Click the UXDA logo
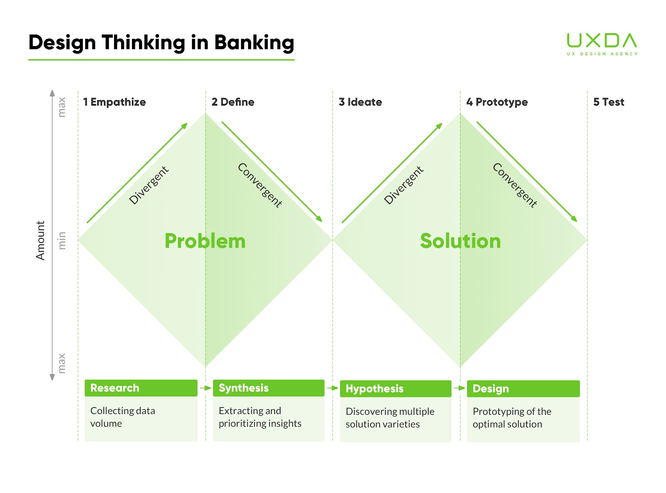pyautogui.click(x=602, y=44)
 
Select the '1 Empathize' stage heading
pyautogui.click(x=114, y=102)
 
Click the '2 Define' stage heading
pyautogui.click(x=233, y=102)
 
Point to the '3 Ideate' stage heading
pyautogui.click(x=360, y=102)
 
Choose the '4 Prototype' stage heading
pyautogui.click(x=497, y=102)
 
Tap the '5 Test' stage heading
pyautogui.click(x=609, y=102)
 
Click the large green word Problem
pyautogui.click(x=205, y=241)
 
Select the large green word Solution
pyautogui.click(x=460, y=241)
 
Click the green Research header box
pyautogui.click(x=141, y=388)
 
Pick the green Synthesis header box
pyautogui.click(x=268, y=388)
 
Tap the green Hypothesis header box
pyautogui.click(x=395, y=389)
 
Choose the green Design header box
pyautogui.click(x=523, y=389)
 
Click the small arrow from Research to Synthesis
pyautogui.click(x=206, y=388)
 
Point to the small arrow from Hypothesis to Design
pyautogui.click(x=460, y=388)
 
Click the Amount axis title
pyautogui.click(x=40, y=240)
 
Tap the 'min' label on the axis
pyautogui.click(x=62, y=240)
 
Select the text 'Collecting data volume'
pyautogui.click(x=122, y=417)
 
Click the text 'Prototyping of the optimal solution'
pyautogui.click(x=512, y=418)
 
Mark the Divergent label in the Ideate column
pyautogui.click(x=403, y=185)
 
